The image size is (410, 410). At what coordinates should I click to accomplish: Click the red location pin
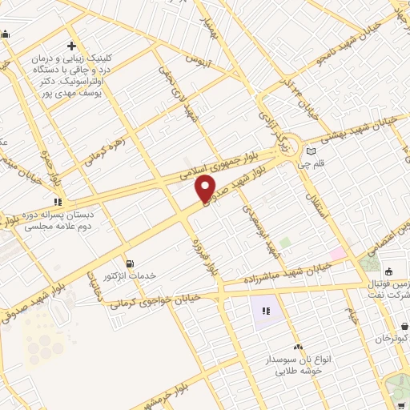[x=206, y=187]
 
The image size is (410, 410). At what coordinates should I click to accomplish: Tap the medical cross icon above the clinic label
[x=72, y=46]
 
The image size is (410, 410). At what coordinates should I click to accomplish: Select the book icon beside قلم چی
[x=311, y=151]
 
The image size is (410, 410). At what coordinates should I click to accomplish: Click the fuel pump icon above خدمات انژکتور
[x=130, y=263]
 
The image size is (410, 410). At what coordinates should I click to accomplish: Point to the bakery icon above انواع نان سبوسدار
[x=298, y=347]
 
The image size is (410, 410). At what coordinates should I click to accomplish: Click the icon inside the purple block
[x=266, y=310]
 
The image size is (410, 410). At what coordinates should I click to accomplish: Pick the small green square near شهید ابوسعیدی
[x=284, y=241]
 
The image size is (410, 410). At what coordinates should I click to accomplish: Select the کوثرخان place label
[x=392, y=340]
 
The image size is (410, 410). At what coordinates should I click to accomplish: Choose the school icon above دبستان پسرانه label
[x=56, y=201]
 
